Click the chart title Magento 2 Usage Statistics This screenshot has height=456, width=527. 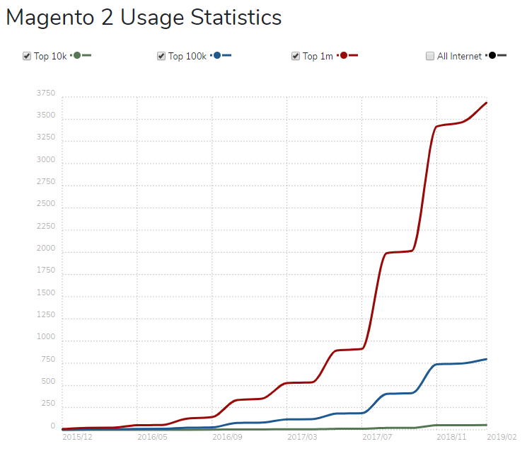point(144,18)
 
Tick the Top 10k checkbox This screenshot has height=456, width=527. point(27,56)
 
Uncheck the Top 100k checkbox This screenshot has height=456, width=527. point(161,56)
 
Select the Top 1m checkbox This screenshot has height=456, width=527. point(296,56)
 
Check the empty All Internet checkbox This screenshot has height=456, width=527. point(430,56)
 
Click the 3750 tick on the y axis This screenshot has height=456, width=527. point(46,93)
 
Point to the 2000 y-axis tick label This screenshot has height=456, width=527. point(46,249)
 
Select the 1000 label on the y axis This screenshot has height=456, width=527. point(46,338)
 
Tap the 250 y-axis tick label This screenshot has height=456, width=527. point(48,404)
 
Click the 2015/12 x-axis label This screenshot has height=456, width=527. point(77,438)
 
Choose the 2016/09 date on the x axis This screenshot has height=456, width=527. point(227,438)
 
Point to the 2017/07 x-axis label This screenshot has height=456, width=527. point(377,438)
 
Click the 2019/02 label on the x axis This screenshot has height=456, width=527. point(503,438)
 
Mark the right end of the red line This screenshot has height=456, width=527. point(487,103)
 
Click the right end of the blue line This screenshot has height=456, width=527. point(487,359)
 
